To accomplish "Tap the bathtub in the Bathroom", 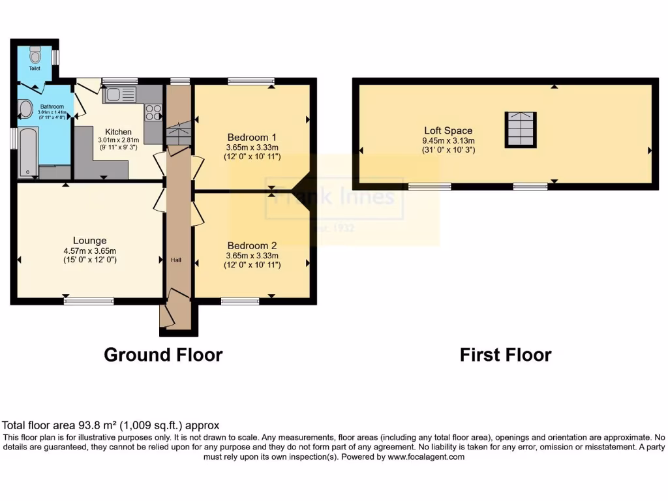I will coord(28,151).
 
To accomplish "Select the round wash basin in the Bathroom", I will coord(25,109).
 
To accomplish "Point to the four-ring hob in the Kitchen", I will coord(153,113).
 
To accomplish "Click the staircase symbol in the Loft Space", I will coord(521,129).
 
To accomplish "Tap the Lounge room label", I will coord(89,240).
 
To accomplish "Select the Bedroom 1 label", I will coord(252,137).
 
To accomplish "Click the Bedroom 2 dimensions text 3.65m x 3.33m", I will coord(252,256).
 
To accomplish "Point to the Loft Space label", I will coord(448,130).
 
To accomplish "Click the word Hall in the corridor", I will coord(176,260).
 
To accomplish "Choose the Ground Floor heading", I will coord(163,355).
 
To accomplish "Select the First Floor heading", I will coord(506,355).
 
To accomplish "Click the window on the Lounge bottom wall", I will coord(89,301).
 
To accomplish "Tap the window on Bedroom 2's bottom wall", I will coord(239,301).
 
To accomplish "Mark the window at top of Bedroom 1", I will coord(250,82).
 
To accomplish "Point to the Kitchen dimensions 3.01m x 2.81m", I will coord(115,140).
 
